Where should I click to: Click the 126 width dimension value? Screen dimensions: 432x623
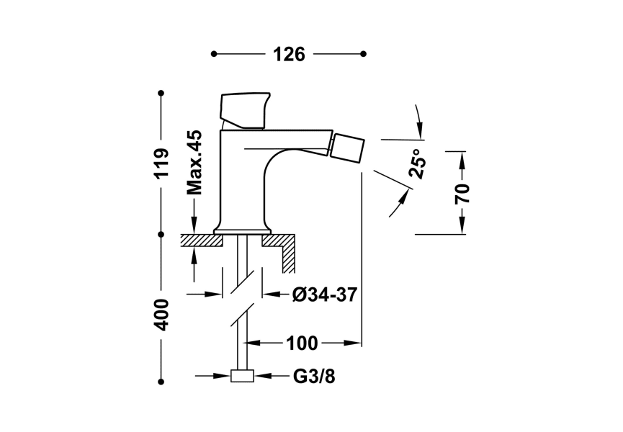[x=288, y=55]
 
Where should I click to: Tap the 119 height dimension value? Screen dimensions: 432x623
[x=161, y=163]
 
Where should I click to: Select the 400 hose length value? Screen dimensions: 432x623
[x=161, y=314]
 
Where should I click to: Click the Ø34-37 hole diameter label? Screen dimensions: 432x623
[x=325, y=294]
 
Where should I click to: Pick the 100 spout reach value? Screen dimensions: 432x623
[x=302, y=343]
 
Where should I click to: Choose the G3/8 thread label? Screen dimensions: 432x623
[x=314, y=376]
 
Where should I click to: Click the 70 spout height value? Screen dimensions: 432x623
[x=462, y=193]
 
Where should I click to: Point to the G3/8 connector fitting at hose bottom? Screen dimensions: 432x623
[x=242, y=376]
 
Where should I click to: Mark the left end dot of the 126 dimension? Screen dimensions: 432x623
[x=213, y=54]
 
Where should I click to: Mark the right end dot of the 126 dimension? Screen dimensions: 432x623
[x=363, y=54]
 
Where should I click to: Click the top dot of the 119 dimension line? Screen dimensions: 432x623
[x=161, y=93]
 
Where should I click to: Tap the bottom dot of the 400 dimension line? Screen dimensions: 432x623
[x=161, y=382]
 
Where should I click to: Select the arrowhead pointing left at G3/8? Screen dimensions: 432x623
[x=261, y=376]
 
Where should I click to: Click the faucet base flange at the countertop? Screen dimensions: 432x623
[x=243, y=230]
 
